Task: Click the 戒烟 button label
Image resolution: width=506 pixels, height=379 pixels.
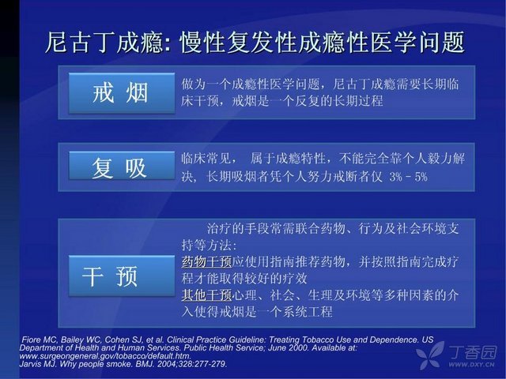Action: [120, 93]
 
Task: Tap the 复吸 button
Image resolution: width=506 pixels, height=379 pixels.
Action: [122, 166]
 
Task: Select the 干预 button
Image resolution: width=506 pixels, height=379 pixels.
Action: [122, 276]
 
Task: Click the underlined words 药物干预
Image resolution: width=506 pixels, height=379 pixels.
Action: [206, 261]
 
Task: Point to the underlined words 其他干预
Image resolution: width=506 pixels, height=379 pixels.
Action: [206, 295]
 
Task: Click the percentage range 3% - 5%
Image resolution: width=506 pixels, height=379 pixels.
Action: [408, 177]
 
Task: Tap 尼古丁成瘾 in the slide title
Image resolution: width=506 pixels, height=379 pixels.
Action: [104, 42]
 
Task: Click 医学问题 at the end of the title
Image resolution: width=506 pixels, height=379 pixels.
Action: [417, 42]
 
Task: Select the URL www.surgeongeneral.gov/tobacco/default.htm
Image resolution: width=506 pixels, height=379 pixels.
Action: [105, 356]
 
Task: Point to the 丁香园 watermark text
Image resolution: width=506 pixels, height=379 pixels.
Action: [472, 352]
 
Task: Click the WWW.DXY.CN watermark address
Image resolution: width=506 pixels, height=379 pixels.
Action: [471, 365]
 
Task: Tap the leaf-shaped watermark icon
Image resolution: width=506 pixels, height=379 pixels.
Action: [430, 355]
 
